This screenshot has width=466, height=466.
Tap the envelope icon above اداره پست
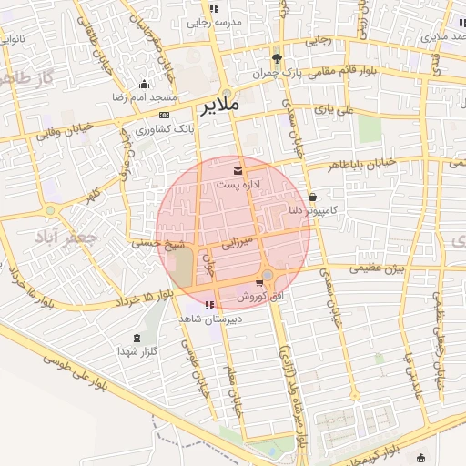(x=238, y=170)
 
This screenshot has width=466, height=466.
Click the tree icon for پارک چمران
(x=265, y=58)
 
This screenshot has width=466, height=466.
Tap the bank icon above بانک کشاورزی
(x=164, y=116)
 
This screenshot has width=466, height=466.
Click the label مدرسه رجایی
(x=214, y=22)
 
